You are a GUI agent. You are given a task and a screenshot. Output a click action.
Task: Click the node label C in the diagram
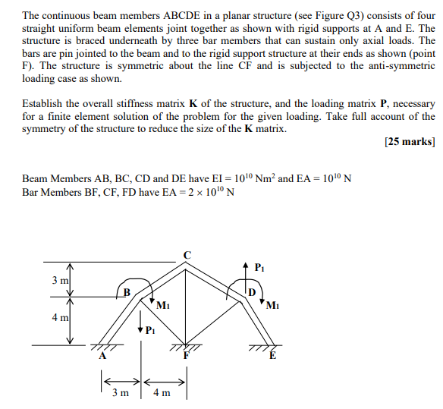click(x=187, y=253)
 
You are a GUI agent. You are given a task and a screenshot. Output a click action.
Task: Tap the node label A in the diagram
click(x=102, y=357)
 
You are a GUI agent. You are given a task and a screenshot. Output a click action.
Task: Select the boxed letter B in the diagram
click(x=127, y=292)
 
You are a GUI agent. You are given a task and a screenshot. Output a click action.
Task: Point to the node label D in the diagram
click(x=253, y=293)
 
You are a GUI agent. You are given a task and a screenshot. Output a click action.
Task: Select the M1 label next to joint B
click(x=161, y=306)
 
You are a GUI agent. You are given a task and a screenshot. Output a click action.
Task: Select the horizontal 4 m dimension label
click(x=162, y=394)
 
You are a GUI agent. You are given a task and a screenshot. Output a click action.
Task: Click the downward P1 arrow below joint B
click(x=140, y=326)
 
